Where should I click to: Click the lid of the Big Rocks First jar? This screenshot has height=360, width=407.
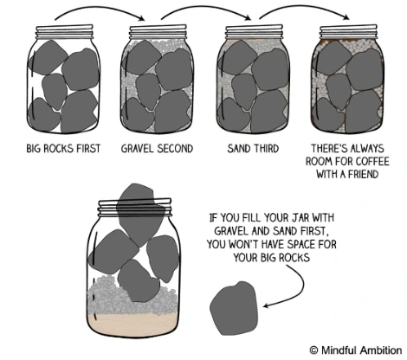tap(64, 32)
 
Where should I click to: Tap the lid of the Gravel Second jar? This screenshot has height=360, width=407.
tap(158, 32)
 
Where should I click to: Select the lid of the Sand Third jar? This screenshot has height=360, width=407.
tap(254, 32)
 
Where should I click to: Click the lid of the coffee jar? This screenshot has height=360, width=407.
tap(348, 32)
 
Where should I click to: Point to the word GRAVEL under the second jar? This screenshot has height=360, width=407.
tap(138, 149)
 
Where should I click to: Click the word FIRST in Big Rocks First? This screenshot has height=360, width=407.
tap(88, 149)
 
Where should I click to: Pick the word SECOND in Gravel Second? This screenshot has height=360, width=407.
tap(175, 149)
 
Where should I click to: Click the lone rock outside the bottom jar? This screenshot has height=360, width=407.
tap(234, 308)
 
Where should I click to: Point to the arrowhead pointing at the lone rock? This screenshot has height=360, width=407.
tap(266, 305)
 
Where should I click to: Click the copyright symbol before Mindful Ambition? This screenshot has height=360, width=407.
tap(313, 350)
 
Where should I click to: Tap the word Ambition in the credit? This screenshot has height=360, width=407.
tap(381, 350)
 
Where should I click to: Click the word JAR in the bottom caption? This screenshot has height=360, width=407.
tap(300, 217)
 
